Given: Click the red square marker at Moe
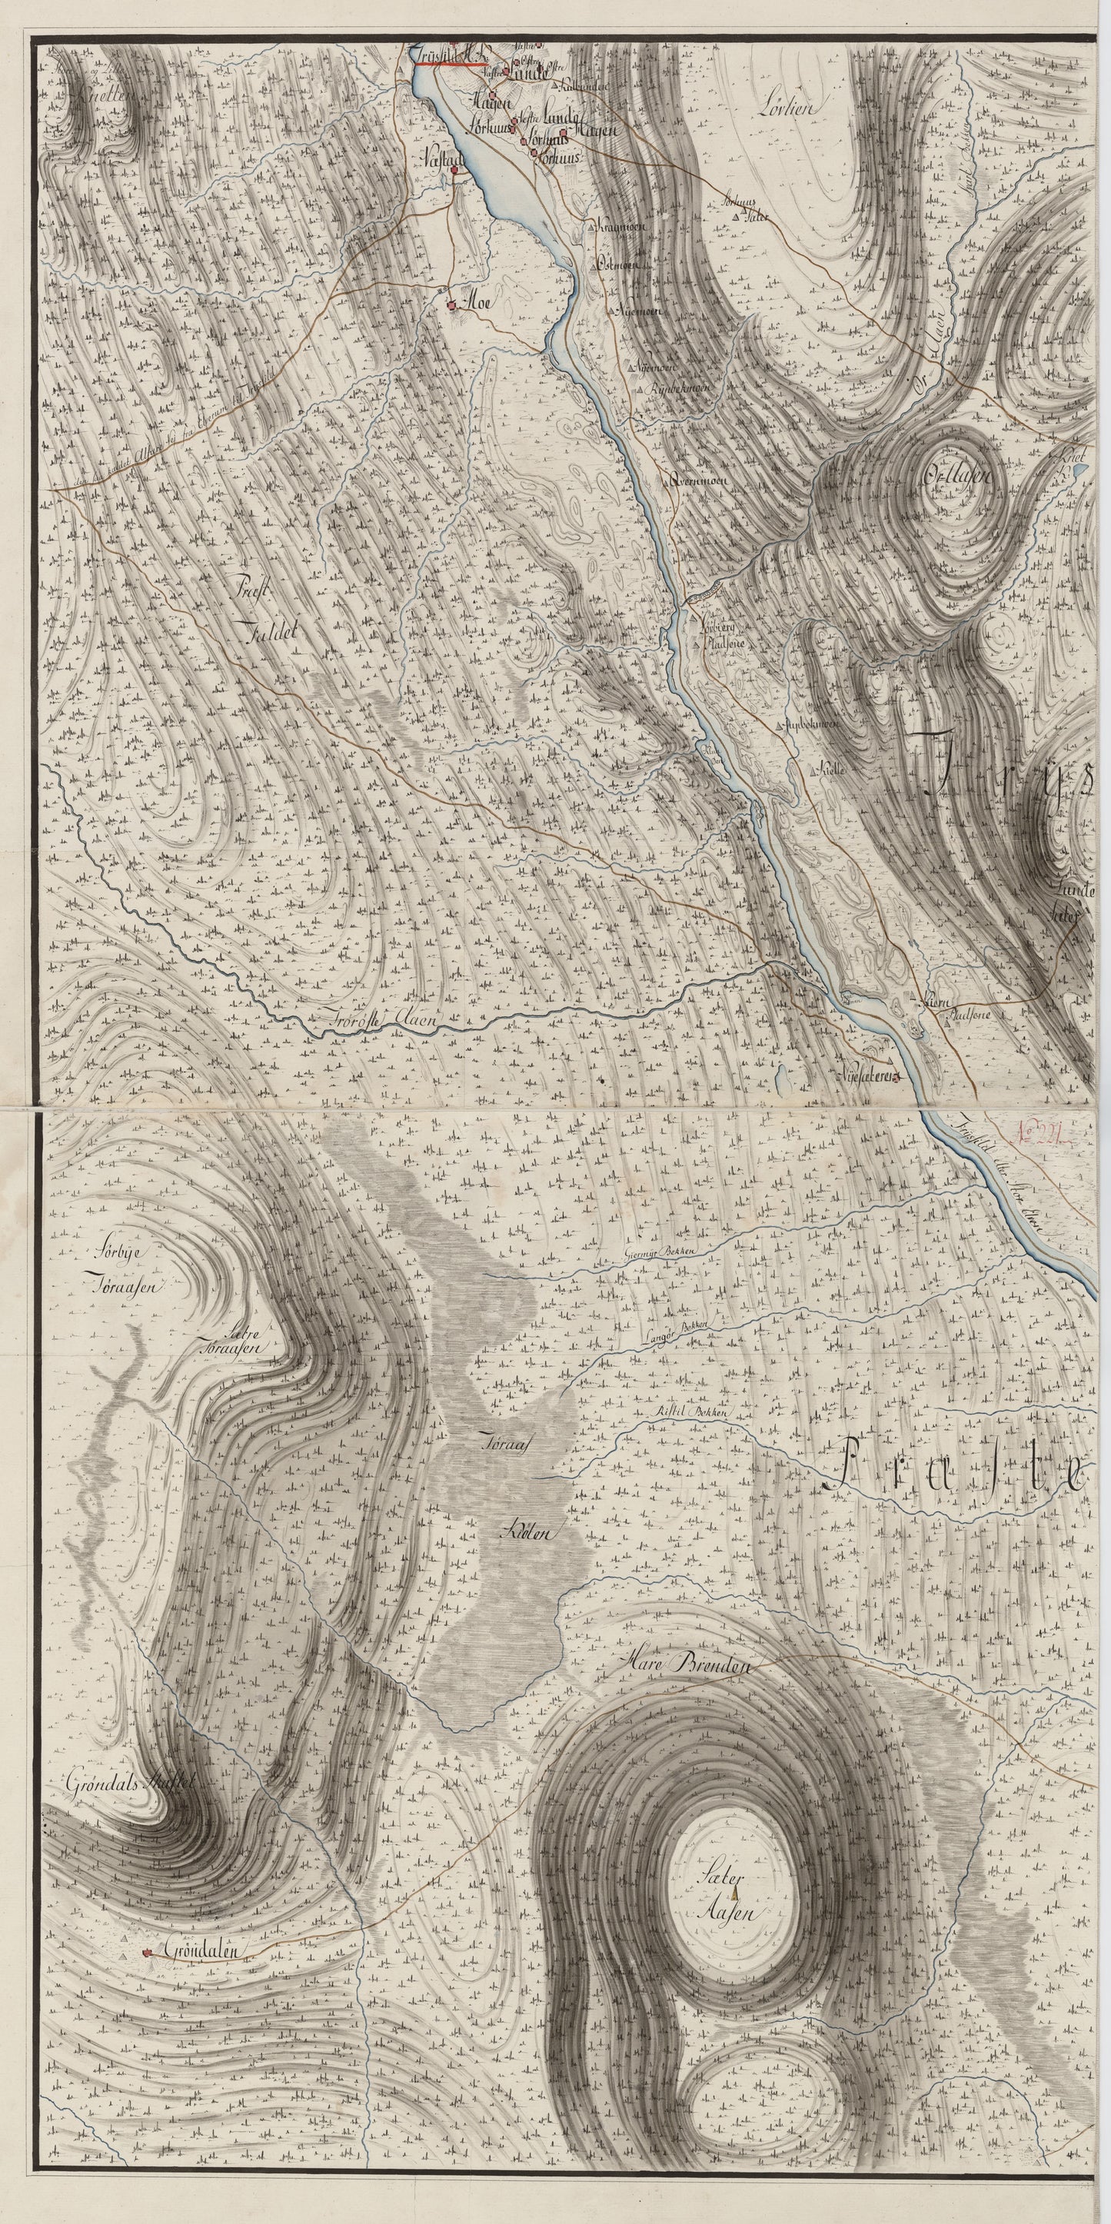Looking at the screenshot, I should coord(451,304).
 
